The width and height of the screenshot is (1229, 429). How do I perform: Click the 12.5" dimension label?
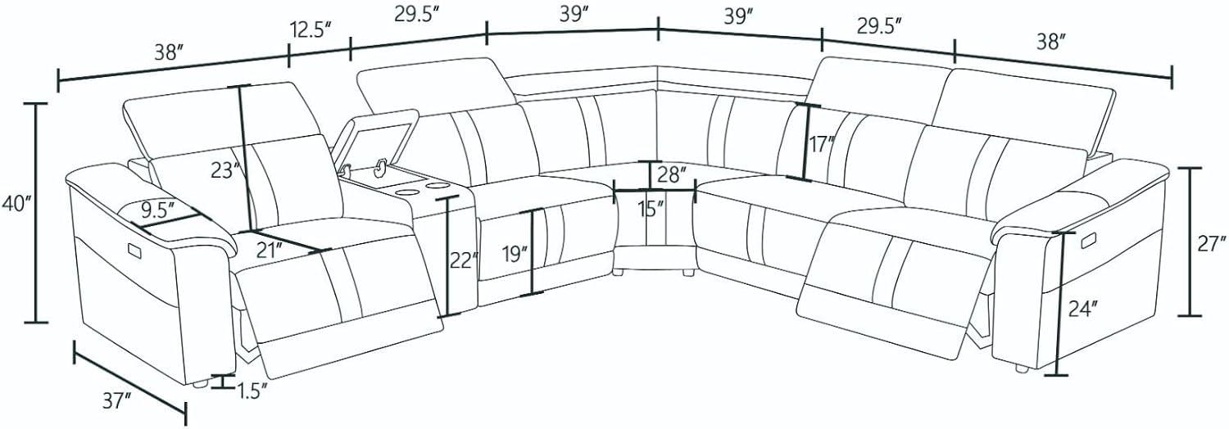tap(311, 30)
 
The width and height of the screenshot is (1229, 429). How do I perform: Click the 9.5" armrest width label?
tap(157, 209)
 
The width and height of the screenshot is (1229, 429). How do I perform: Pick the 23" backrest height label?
tap(226, 171)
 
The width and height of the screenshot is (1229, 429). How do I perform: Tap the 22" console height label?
tap(465, 261)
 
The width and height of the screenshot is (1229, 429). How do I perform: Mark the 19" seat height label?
tap(515, 255)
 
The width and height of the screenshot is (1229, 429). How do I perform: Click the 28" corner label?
tap(672, 174)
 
